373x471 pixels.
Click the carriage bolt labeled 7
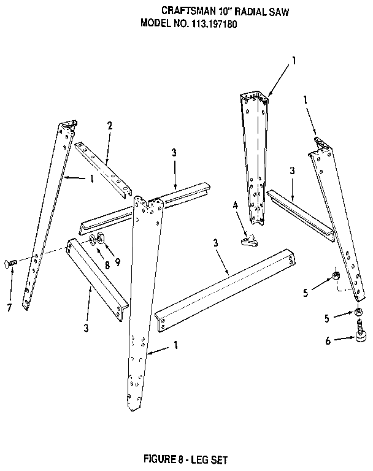tap(10, 264)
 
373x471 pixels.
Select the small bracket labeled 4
tap(249, 241)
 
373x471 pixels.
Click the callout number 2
tap(110, 126)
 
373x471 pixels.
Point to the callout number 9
tap(118, 262)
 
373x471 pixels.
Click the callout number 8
tap(107, 265)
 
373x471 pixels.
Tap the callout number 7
tap(9, 308)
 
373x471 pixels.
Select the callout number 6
tap(328, 340)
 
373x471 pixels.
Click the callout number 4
tap(236, 205)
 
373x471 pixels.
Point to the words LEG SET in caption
tap(209, 459)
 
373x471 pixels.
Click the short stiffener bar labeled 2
tap(104, 170)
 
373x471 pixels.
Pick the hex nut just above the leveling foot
tap(358, 312)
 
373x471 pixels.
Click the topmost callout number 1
tap(294, 61)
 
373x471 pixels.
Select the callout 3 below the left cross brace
tap(87, 327)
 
